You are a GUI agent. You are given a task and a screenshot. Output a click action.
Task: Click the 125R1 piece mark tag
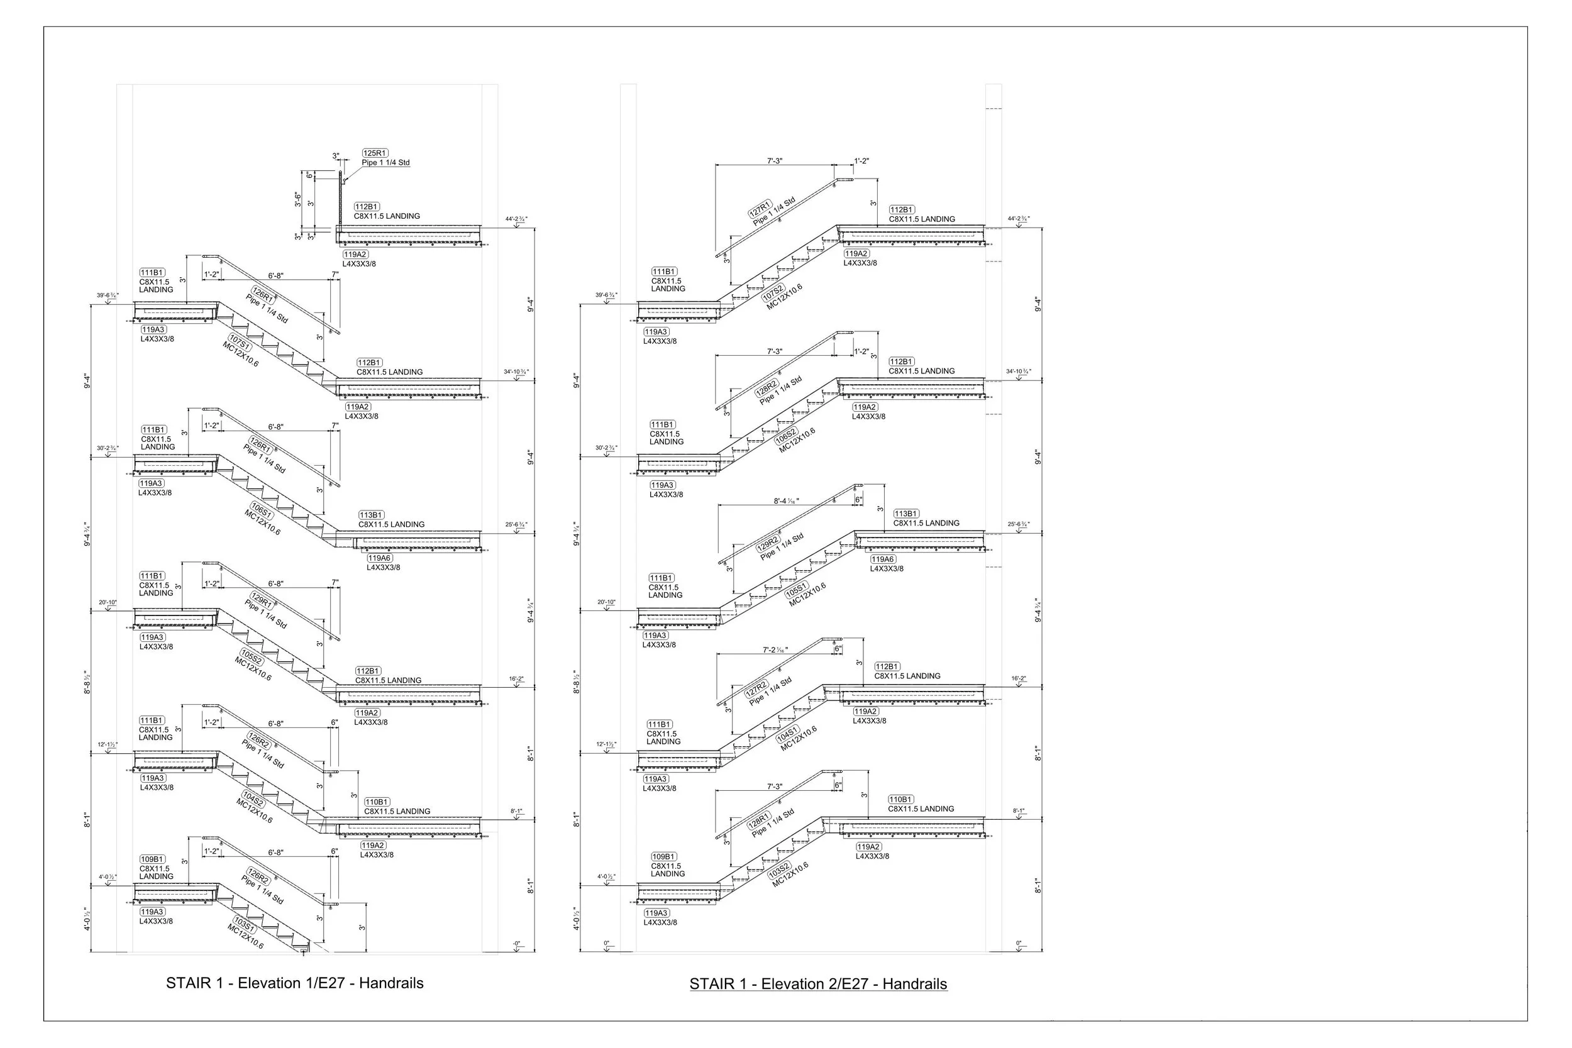375,153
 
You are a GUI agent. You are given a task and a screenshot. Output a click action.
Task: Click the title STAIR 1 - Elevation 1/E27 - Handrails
295,983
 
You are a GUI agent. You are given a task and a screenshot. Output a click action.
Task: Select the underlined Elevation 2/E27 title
818,984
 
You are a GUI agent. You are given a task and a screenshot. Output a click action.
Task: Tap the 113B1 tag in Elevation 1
371,516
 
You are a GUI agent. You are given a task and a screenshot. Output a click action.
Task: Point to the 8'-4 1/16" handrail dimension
786,501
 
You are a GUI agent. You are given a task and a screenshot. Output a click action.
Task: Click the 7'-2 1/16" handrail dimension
775,649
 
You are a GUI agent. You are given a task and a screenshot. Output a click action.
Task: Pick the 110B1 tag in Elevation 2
900,800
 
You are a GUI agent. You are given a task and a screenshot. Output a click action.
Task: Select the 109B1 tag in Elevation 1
152,859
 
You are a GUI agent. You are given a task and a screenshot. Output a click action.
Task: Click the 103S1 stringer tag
243,924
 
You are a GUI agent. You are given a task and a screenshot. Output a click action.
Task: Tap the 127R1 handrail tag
760,209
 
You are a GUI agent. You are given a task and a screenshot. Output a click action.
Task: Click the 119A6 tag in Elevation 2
882,560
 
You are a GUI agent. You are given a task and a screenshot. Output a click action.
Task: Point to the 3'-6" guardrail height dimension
298,200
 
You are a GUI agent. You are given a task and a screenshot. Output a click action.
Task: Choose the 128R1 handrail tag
759,820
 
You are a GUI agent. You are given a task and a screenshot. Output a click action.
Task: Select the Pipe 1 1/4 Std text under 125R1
385,163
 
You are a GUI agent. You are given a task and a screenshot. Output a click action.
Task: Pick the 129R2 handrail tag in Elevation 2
768,544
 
